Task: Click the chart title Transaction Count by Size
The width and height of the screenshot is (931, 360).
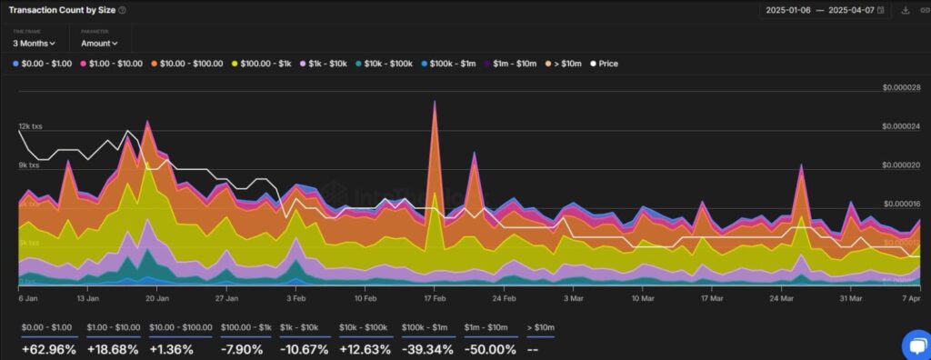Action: tap(62, 10)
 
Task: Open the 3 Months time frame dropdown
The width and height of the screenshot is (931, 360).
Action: tap(34, 43)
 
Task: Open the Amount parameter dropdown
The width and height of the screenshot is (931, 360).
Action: tap(98, 43)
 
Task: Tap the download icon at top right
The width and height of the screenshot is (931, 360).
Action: tap(905, 10)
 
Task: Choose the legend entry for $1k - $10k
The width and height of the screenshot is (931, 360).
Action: tap(323, 64)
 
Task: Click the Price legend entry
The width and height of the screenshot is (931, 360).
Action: tap(604, 64)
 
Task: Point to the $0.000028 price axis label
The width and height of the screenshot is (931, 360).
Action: tap(901, 87)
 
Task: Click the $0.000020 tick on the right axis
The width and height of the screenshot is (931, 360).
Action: tap(901, 165)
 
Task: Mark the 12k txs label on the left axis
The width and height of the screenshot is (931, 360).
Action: tap(29, 126)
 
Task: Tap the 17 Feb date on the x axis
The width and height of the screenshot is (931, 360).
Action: tap(435, 297)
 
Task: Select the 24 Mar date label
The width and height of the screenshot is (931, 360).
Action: tap(781, 297)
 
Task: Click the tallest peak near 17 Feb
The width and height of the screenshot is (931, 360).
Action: tap(435, 102)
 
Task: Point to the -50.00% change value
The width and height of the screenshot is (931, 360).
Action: tap(490, 349)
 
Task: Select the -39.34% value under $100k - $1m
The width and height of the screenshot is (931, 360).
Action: tap(426, 349)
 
